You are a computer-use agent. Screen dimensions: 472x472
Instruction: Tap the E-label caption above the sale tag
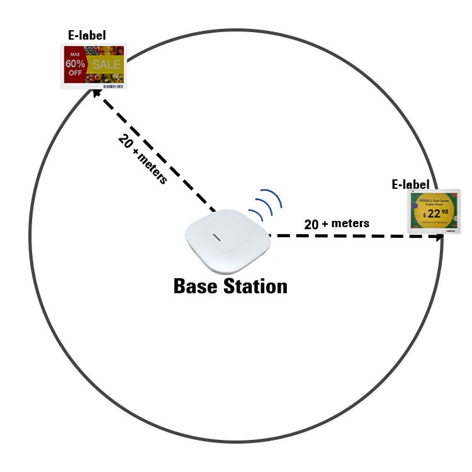[88, 36]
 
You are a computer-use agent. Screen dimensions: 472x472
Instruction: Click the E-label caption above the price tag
[410, 184]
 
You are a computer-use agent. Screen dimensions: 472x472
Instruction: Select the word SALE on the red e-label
[106, 65]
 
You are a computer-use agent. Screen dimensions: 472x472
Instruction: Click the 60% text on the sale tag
[76, 64]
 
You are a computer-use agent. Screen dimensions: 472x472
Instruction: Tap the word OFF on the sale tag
[76, 73]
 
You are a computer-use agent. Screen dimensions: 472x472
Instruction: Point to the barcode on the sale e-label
[113, 84]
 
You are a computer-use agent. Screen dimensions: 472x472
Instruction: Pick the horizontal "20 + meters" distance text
[337, 223]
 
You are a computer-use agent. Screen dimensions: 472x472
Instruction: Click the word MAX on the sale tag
[76, 55]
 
